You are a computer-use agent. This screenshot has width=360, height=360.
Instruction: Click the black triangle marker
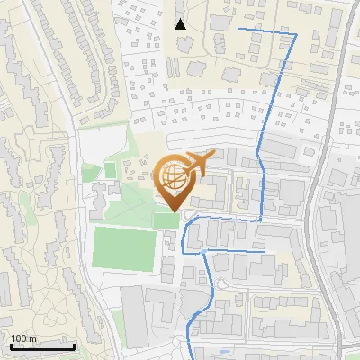[x=181, y=24]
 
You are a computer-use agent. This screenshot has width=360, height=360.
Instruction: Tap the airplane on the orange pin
[x=196, y=162]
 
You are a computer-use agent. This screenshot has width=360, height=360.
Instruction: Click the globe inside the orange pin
[x=175, y=177]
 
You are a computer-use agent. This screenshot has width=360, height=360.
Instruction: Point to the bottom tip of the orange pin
[x=175, y=211]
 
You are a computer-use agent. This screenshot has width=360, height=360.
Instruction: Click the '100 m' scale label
[x=24, y=338]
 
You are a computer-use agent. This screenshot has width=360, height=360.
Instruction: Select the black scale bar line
[x=42, y=346]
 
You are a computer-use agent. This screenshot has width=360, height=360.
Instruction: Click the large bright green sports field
[x=123, y=247]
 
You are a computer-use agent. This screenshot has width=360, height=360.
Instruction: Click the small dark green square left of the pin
[x=110, y=169]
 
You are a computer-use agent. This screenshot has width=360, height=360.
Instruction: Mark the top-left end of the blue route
[x=238, y=30]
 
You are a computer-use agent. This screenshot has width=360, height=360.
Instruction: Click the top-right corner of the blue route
[x=296, y=34]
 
